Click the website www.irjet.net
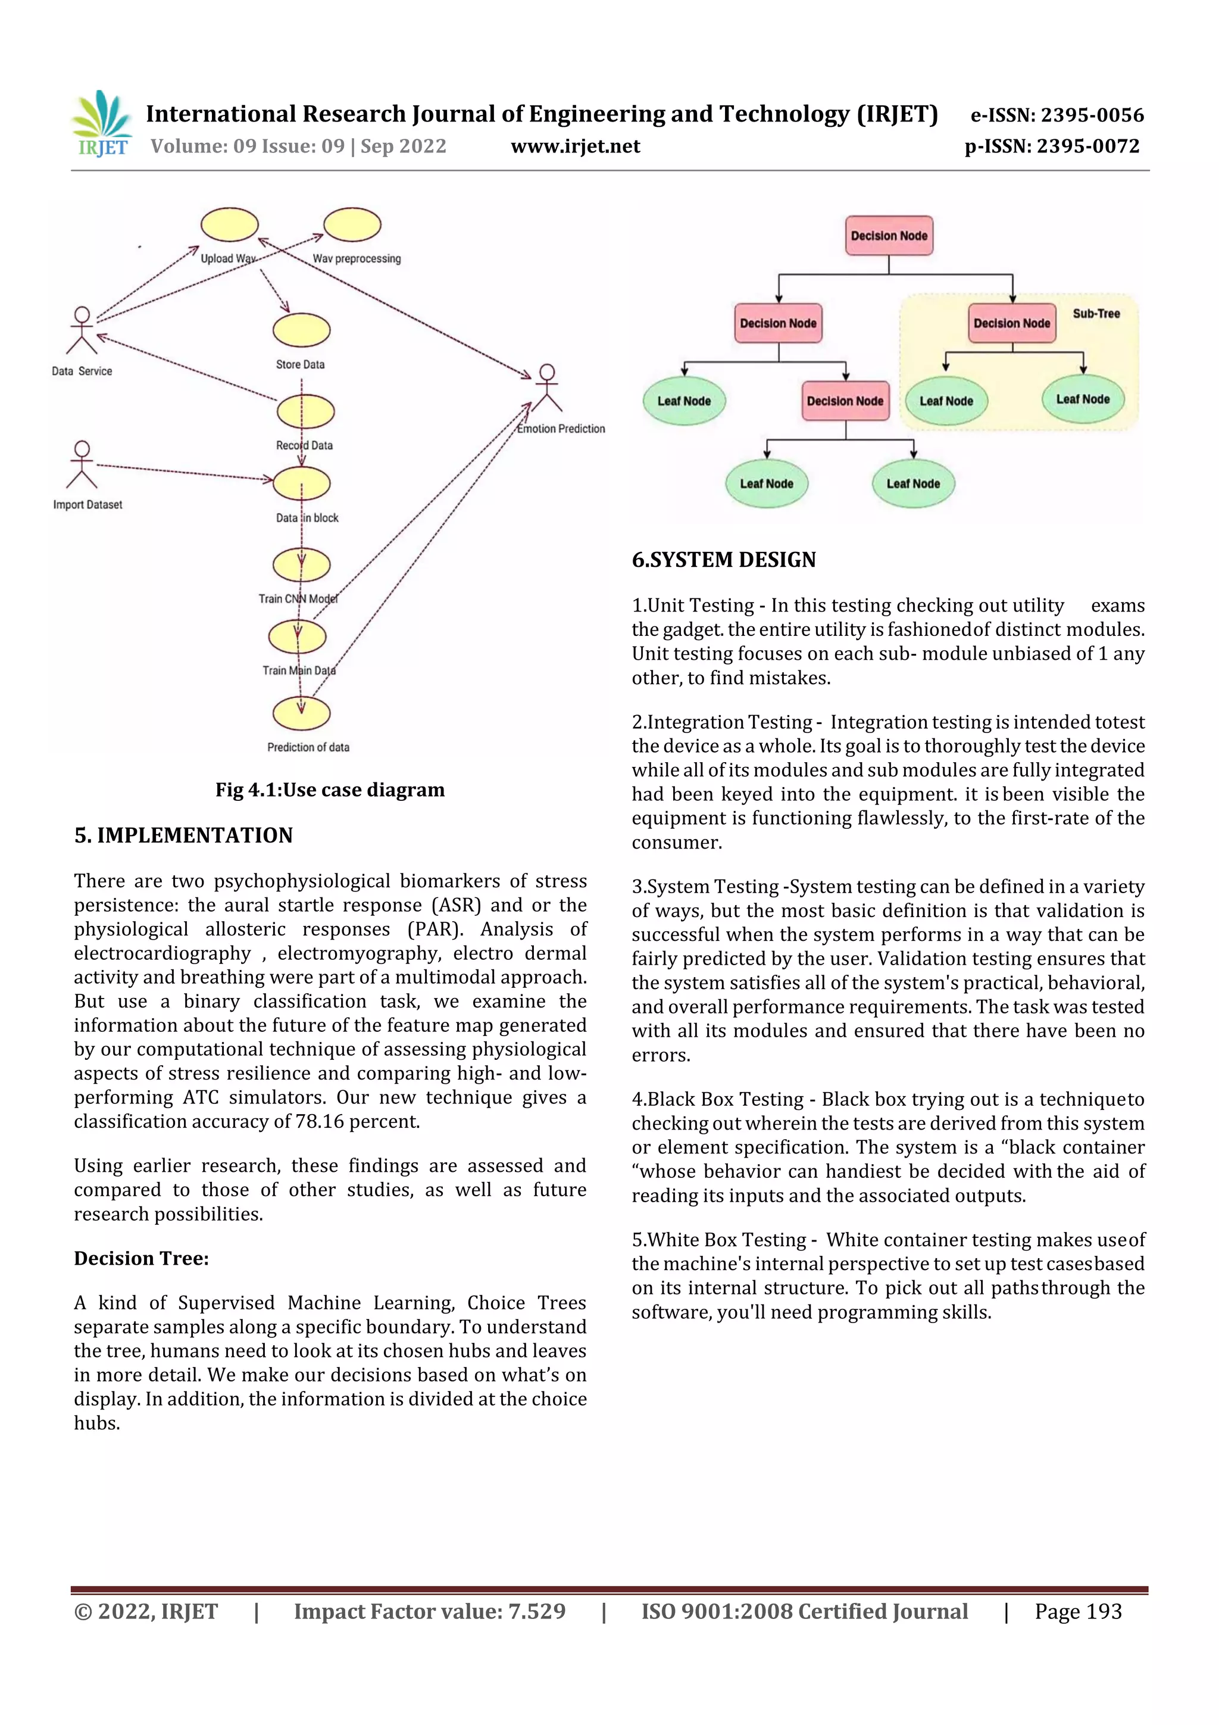[576, 146]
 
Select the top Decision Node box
[889, 236]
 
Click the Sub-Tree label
[1096, 314]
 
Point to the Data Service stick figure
[81, 330]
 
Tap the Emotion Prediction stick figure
[547, 388]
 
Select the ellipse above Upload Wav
[230, 224]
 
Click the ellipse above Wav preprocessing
[352, 224]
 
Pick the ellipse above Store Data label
[301, 330]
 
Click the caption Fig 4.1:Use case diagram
[330, 790]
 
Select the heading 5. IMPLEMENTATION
[183, 835]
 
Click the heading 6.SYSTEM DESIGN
[723, 560]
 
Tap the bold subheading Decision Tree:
[141, 1258]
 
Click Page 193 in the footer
[1078, 1611]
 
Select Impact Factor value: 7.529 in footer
[430, 1611]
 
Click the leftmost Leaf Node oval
[683, 401]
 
